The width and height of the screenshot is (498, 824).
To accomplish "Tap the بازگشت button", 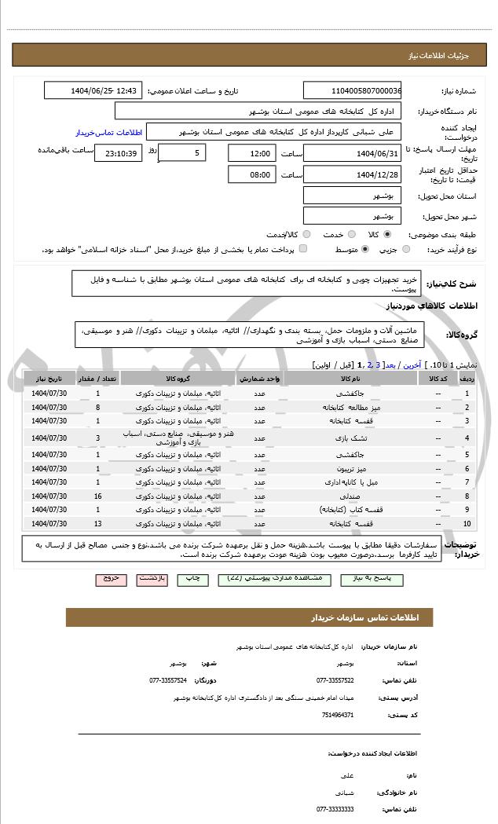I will [x=152, y=579].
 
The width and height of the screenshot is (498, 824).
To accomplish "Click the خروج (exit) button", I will [x=111, y=579].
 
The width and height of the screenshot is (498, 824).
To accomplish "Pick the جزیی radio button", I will [x=406, y=250].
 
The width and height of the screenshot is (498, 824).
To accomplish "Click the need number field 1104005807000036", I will [x=352, y=90].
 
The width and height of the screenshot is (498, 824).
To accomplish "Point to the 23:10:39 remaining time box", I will [x=118, y=153].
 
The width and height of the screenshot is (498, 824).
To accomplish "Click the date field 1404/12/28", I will [x=352, y=174].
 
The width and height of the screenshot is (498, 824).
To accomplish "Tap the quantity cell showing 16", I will [x=97, y=496].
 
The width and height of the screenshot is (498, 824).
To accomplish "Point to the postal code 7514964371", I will [x=339, y=716].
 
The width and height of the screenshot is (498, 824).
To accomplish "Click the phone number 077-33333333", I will [x=335, y=808].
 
